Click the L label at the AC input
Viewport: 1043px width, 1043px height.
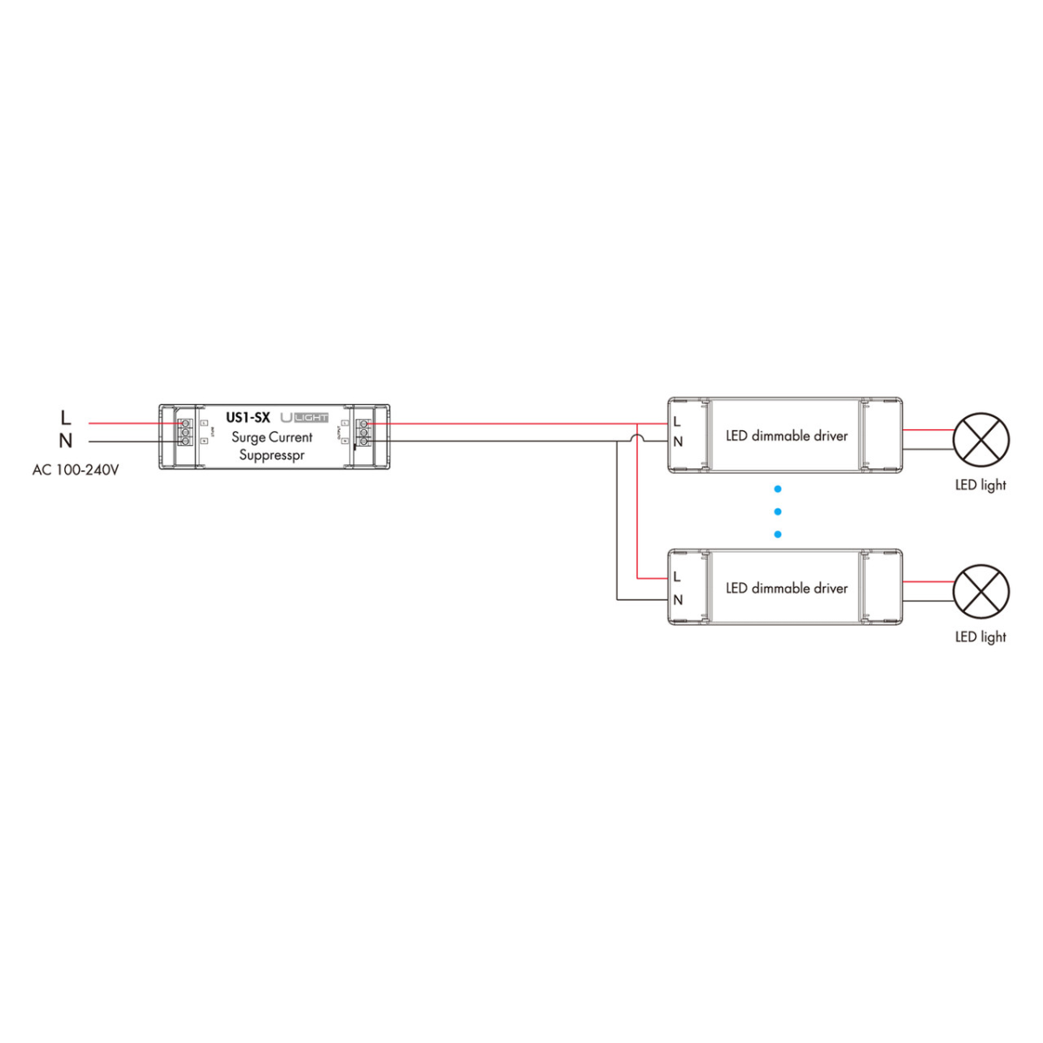click(65, 418)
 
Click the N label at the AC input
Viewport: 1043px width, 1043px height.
click(65, 441)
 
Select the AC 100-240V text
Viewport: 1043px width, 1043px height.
click(76, 470)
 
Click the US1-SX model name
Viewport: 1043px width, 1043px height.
click(248, 417)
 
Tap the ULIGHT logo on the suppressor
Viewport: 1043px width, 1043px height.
click(304, 418)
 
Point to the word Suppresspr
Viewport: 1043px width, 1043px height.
click(272, 455)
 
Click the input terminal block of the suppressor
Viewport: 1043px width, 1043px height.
click(185, 432)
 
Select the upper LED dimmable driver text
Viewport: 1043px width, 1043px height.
click(787, 435)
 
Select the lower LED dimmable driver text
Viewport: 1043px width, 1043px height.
click(787, 588)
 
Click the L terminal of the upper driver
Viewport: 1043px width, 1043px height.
click(677, 422)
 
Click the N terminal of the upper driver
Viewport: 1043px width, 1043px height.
click(678, 442)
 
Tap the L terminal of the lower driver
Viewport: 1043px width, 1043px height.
click(677, 576)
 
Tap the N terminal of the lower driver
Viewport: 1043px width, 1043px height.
click(678, 600)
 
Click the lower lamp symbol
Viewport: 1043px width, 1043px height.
click(981, 592)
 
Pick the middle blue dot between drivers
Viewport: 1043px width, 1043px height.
click(778, 512)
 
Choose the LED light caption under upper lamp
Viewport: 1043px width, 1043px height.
click(980, 485)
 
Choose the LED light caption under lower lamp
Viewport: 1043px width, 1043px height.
click(980, 637)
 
